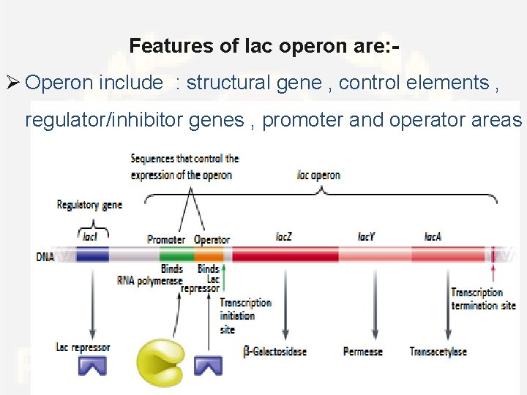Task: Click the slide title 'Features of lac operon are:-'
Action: (264, 46)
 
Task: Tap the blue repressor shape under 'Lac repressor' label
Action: (92, 364)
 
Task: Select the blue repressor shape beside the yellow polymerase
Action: (207, 364)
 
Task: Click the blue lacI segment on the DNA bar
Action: (92, 255)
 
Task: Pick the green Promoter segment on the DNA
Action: (176, 255)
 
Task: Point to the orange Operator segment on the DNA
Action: (209, 255)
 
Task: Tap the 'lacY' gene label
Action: (367, 237)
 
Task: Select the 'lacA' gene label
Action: (433, 237)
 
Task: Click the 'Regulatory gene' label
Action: (89, 205)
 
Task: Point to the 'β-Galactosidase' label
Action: (274, 352)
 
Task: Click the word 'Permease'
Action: (363, 352)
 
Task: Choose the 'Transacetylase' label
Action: (438, 352)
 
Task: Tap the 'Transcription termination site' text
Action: (483, 299)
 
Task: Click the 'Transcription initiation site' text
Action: (245, 316)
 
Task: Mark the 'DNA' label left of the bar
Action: (45, 257)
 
